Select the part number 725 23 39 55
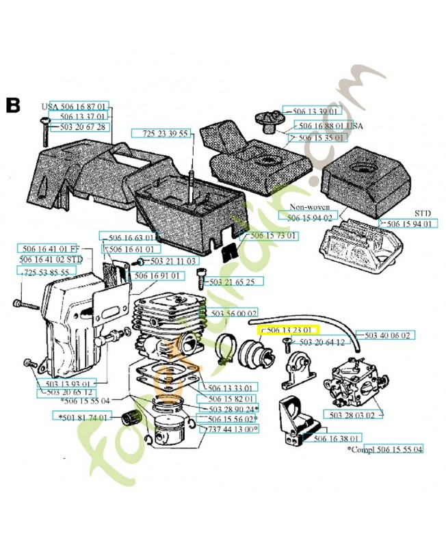point(166,133)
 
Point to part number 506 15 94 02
point(306,217)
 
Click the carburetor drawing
point(351,379)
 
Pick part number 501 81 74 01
point(81,416)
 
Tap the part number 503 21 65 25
point(232,282)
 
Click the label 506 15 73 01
point(274,236)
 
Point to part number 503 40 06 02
point(387,335)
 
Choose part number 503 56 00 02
point(233,313)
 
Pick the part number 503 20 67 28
point(82,127)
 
